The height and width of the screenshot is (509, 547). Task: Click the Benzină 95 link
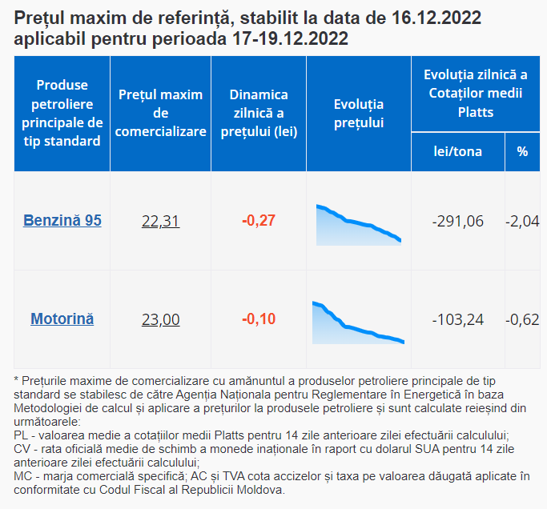tap(62, 220)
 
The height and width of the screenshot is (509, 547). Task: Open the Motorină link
tap(62, 319)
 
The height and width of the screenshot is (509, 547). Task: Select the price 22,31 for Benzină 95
tap(160, 221)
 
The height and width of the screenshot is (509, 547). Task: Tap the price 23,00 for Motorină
tap(160, 319)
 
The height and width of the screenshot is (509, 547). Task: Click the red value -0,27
tap(259, 220)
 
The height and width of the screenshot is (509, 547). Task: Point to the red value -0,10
tap(259, 319)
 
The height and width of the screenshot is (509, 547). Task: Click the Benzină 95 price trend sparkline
tap(359, 225)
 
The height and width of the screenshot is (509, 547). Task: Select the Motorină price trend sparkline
tap(358, 323)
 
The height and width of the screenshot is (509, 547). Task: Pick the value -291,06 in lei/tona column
tap(457, 221)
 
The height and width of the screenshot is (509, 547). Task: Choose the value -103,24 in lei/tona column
tap(457, 319)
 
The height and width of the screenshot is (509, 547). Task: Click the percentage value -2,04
tap(522, 221)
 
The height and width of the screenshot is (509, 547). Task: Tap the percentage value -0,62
tap(522, 319)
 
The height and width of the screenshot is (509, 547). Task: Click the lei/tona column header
tap(457, 151)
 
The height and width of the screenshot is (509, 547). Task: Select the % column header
tap(522, 151)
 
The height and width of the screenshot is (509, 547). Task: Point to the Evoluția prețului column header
tap(359, 114)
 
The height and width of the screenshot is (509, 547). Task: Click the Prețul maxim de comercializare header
tap(160, 113)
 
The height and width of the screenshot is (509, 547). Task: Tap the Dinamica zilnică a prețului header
tap(259, 113)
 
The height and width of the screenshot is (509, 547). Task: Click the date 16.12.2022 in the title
tap(436, 18)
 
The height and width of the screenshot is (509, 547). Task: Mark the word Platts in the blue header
tap(476, 112)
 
